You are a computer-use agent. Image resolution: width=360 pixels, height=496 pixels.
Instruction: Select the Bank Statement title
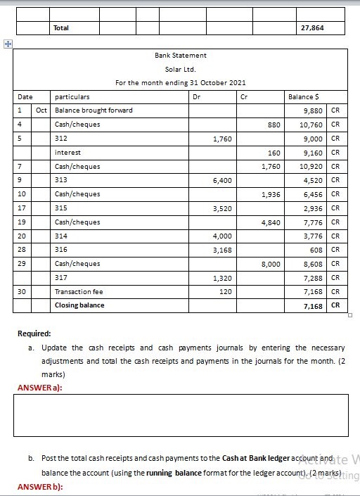[181, 55]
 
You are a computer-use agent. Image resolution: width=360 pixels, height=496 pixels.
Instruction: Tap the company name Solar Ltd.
[181, 69]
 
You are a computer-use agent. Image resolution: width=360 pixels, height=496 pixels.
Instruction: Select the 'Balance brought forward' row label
[94, 110]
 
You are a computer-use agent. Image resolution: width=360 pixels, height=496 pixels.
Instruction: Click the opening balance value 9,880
[312, 110]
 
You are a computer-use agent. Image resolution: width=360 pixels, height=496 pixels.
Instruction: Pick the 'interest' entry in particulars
[67, 152]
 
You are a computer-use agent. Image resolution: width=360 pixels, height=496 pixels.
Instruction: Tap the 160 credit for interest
[274, 152]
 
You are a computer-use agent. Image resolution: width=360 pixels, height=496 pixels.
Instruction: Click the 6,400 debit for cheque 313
[222, 180]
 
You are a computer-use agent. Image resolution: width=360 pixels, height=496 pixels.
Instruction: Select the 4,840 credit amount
[271, 222]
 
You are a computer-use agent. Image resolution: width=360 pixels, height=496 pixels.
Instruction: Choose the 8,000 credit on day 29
[271, 264]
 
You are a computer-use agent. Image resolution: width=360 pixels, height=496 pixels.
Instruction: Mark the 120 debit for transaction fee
[225, 291]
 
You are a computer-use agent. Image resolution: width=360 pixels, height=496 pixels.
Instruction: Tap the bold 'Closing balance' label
[79, 305]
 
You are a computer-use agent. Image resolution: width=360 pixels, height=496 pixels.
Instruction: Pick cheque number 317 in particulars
[60, 278]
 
